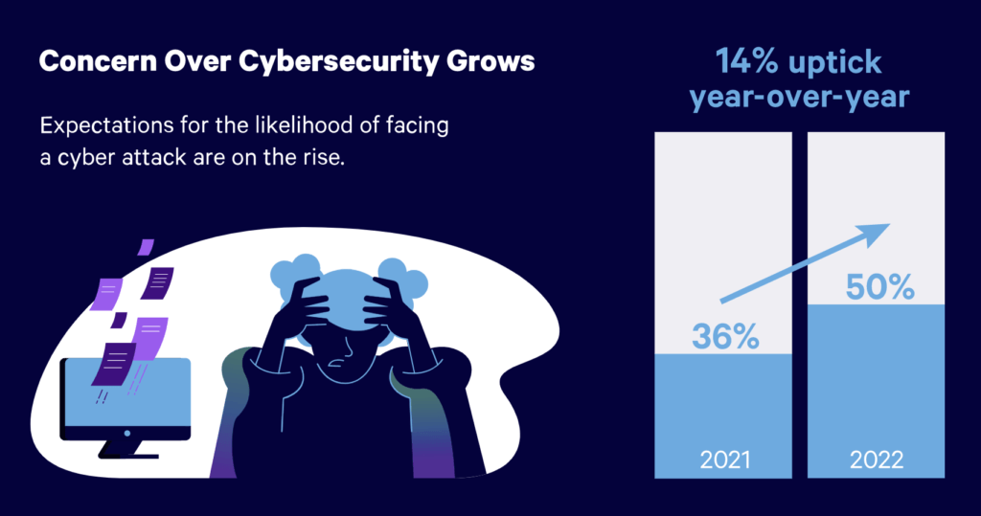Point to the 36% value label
[726, 336]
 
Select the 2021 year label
[724, 460]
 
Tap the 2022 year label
[877, 460]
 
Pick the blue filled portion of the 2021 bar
[724, 402]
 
